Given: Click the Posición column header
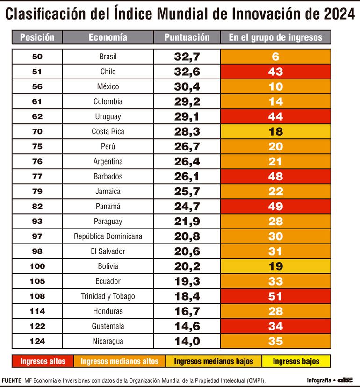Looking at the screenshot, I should point(37,37).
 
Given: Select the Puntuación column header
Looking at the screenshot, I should point(187,37).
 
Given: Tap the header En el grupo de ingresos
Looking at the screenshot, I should point(275,37).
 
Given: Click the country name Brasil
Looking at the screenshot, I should point(108,57).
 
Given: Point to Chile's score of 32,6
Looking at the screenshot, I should point(187,72).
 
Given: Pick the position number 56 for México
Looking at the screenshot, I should point(37,87).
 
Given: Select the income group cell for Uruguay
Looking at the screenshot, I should point(275,117).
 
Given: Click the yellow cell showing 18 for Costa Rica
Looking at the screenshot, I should point(275,132).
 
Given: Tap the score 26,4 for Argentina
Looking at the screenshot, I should point(187,162).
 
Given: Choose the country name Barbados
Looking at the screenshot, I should point(108,177).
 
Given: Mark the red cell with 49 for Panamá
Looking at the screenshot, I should point(275,207).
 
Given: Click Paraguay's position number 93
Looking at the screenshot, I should point(37,222).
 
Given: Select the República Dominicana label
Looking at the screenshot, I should point(108,236).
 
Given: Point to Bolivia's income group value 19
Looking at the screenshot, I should point(275,266).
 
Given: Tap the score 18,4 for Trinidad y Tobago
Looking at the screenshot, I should point(187,296).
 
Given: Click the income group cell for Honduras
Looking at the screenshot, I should point(275,311).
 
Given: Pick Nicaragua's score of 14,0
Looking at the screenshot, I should point(187,341).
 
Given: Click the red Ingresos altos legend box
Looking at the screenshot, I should point(43,361).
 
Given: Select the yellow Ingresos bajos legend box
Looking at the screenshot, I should point(296,361).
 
